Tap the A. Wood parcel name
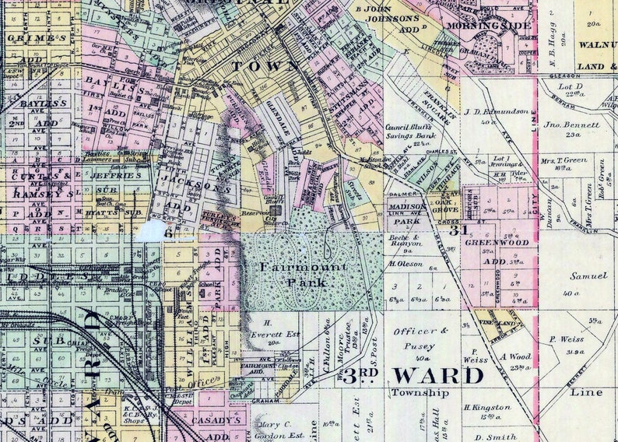coord(515,356)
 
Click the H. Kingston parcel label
coord(487,407)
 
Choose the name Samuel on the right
coord(588,276)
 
